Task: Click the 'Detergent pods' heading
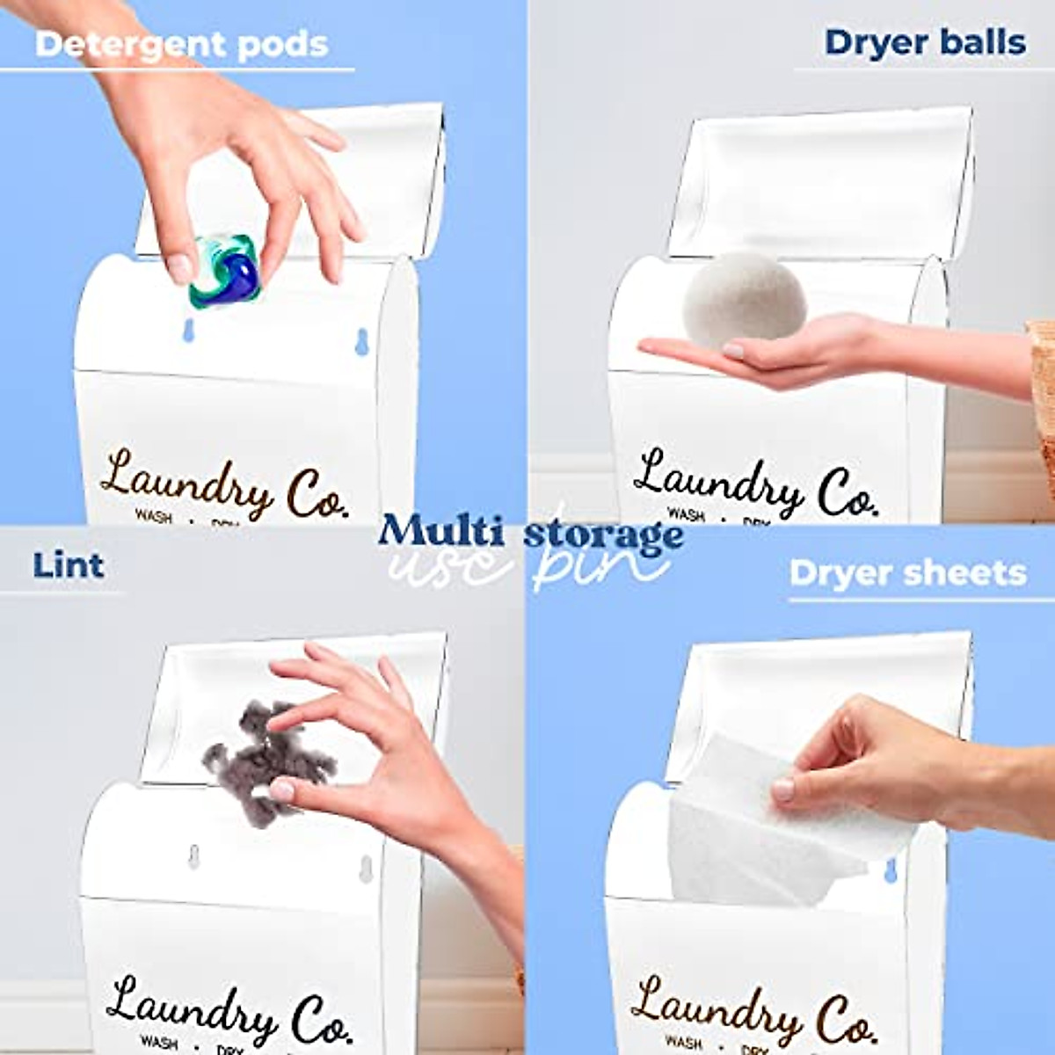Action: [x=181, y=44]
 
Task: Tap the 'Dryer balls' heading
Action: [x=925, y=42]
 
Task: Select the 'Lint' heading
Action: [x=69, y=565]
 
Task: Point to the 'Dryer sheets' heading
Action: [x=907, y=572]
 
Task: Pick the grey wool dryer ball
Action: [x=745, y=300]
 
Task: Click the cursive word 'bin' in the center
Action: [x=598, y=567]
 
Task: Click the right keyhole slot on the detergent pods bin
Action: [x=361, y=342]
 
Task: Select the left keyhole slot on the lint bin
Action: [x=193, y=855]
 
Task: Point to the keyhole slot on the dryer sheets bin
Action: [x=890, y=870]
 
